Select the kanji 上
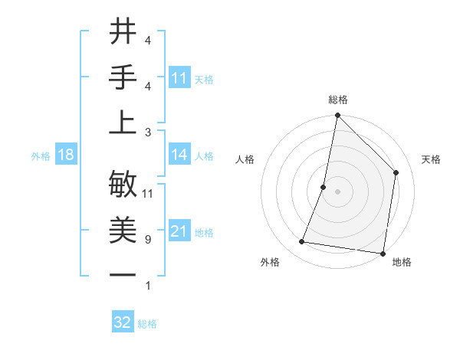point(123,123)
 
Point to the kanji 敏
point(123,185)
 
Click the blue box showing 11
point(179,78)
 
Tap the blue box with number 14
point(179,155)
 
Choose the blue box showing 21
point(179,231)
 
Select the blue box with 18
point(66,155)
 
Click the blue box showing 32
point(123,322)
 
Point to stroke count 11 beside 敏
point(148,194)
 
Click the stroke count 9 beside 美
point(147,240)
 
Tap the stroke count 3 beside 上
point(147,133)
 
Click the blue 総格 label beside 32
point(147,324)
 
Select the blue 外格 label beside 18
point(41,156)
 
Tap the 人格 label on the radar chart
point(245,160)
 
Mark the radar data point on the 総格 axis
point(337,116)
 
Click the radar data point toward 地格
point(383,253)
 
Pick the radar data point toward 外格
point(302,242)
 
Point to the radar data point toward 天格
point(396,172)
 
